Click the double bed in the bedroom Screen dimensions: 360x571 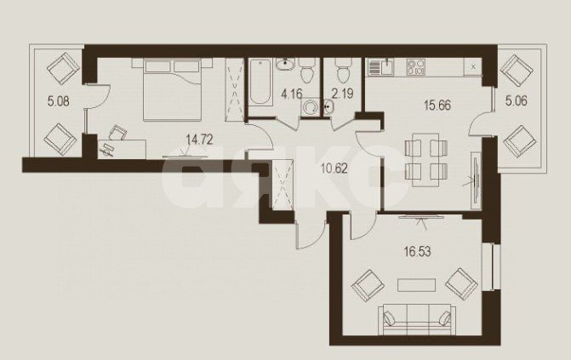pos(165,89)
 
